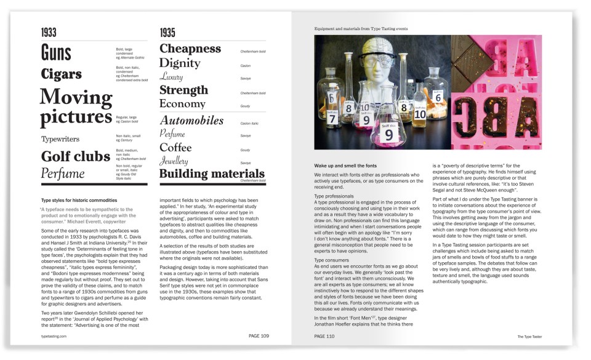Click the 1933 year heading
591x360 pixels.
pos(49,33)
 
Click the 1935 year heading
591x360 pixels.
pos(167,33)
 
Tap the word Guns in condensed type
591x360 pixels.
pos(56,53)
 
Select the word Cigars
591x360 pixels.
pos(61,74)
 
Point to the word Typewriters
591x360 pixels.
pos(60,139)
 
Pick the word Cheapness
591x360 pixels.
pos(190,49)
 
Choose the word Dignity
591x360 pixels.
pos(180,63)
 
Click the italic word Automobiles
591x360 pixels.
pos(191,121)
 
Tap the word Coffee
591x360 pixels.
pos(175,148)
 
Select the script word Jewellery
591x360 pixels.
pos(174,161)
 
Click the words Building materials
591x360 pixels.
pos(212,174)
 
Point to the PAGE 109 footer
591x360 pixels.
pos(259,337)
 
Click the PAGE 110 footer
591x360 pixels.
pos(324,337)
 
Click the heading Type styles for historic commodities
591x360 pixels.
pos(79,201)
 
